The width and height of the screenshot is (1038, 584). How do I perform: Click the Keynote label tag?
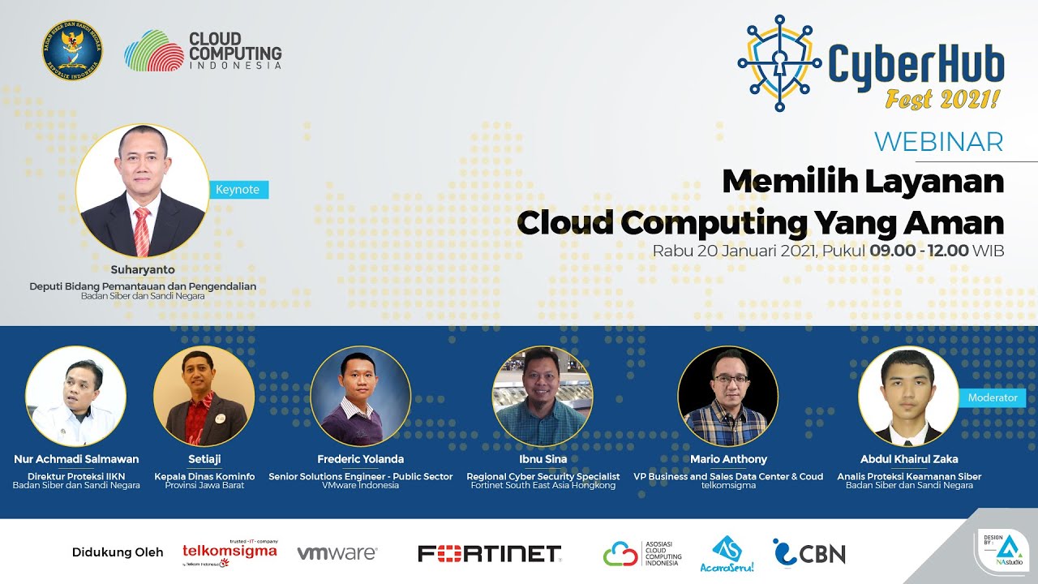click(238, 190)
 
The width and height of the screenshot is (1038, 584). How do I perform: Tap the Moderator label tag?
click(992, 397)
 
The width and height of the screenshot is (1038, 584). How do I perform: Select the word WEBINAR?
click(938, 142)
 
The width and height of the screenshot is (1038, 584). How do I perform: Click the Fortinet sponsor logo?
click(489, 553)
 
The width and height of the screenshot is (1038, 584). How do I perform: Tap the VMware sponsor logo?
click(337, 553)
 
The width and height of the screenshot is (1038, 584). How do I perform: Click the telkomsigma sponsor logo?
click(229, 552)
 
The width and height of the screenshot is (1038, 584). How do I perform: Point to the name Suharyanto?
click(143, 269)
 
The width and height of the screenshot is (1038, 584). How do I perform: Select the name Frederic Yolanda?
click(360, 459)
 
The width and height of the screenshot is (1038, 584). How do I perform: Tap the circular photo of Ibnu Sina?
click(542, 396)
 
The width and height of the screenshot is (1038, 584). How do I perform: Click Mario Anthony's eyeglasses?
click(727, 379)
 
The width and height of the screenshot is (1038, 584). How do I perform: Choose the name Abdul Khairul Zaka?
click(908, 459)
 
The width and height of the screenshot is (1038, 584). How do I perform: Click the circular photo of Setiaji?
click(204, 396)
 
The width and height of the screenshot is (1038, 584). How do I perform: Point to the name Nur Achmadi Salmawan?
click(76, 459)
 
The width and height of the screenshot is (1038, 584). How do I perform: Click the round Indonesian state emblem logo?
click(73, 50)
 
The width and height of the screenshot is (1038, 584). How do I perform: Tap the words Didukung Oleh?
click(118, 552)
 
